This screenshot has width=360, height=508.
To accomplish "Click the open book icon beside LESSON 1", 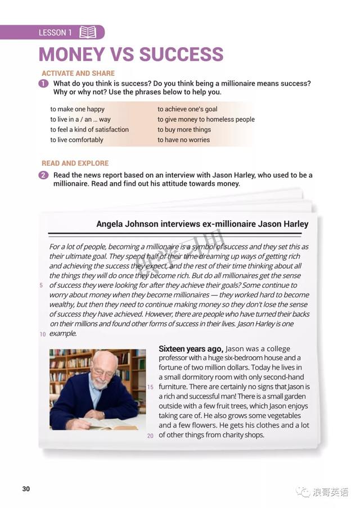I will (x=88, y=33).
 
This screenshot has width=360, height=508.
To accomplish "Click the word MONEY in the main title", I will (x=71, y=55).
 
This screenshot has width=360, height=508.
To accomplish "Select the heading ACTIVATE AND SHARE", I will (x=78, y=73).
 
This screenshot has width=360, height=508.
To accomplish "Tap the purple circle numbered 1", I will (x=44, y=84).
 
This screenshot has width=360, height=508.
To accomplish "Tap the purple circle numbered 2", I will (x=44, y=175).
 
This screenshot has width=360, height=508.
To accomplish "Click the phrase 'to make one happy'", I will (x=77, y=109).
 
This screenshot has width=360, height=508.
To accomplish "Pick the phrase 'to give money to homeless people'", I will (x=206, y=119).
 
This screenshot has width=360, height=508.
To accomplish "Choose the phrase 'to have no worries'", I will (x=183, y=140).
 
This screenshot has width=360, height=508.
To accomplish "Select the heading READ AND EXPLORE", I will (x=75, y=163).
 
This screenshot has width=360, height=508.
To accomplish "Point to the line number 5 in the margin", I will (x=41, y=285).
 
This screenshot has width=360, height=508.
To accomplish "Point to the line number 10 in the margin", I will (x=42, y=334).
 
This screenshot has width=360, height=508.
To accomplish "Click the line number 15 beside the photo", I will (x=150, y=387).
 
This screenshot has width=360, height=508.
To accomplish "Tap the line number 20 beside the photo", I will (x=150, y=436).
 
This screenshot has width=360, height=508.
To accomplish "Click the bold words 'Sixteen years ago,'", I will (x=191, y=348).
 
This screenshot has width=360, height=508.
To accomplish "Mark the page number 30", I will (x=26, y=489).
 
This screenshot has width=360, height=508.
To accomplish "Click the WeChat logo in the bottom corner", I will (x=304, y=492).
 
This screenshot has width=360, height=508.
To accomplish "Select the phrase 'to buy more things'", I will (x=184, y=130).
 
